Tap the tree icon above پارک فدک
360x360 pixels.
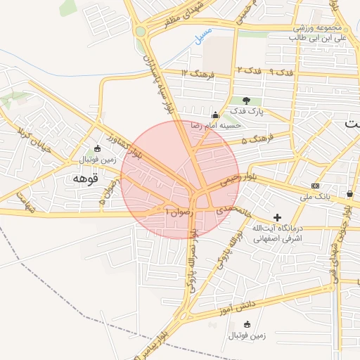tap(247, 101)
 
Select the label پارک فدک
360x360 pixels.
tap(248, 112)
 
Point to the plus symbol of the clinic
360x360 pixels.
tap(278, 218)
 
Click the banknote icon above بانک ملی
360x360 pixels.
tap(315, 186)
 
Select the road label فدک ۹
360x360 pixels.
tap(281, 72)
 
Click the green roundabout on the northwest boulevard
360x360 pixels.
tap(141, 31)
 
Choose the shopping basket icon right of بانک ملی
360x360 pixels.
tap(349, 193)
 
